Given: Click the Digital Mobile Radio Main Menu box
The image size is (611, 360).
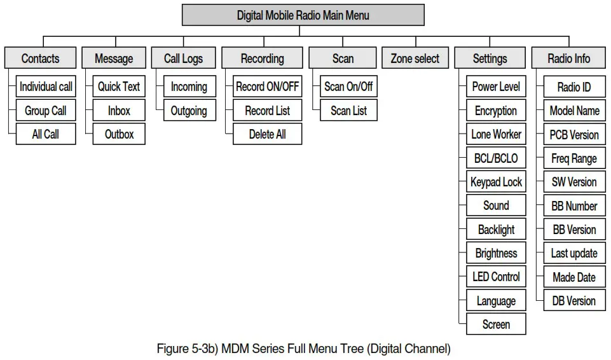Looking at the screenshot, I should [303, 15].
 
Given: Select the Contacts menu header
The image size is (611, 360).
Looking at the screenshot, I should [40, 59].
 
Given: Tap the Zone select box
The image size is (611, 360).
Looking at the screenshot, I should [415, 59].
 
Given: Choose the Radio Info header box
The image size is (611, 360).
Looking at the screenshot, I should [568, 59].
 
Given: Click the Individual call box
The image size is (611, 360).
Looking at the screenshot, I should [46, 87].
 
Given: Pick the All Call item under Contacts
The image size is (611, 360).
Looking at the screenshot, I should [46, 134].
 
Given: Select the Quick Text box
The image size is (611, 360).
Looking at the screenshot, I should [119, 87].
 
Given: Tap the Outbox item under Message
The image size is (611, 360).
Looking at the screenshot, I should [119, 134].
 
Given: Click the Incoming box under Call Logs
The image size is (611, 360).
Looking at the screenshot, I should [189, 87].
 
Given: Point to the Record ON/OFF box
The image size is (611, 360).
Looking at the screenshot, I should [267, 87].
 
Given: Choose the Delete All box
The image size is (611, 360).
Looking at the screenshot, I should [267, 134].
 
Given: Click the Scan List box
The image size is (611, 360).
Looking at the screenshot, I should [348, 111].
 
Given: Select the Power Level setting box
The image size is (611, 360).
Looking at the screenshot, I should [496, 87].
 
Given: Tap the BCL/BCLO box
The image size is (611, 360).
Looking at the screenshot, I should [496, 158].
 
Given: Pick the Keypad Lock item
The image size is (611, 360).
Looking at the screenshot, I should [496, 182].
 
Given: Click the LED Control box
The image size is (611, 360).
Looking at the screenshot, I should [496, 277].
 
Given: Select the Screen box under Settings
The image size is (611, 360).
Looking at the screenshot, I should [496, 324].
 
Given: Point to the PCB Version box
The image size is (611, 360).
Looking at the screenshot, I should [574, 134].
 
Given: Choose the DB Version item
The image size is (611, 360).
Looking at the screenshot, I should [574, 301].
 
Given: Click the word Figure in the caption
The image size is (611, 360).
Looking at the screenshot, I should [172, 349].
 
